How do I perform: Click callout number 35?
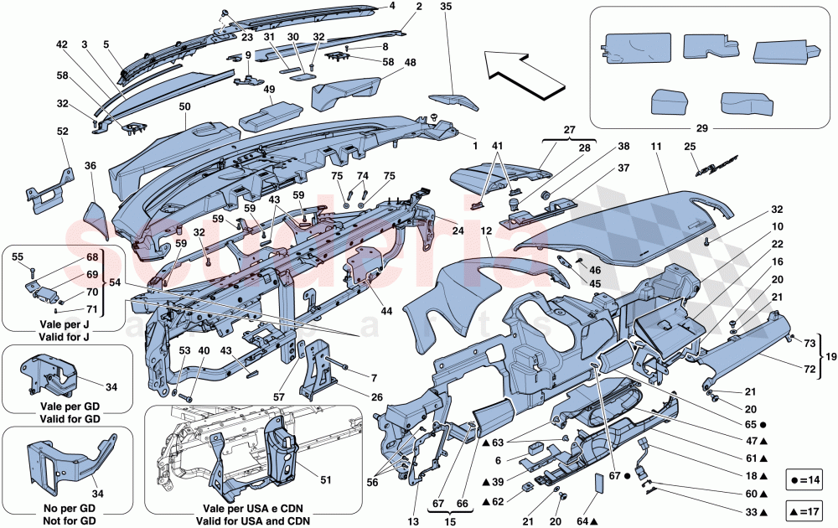pos(445,7)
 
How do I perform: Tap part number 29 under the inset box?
pos(692,130)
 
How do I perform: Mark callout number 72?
pos(810,368)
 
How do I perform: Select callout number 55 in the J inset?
pos(17,259)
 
